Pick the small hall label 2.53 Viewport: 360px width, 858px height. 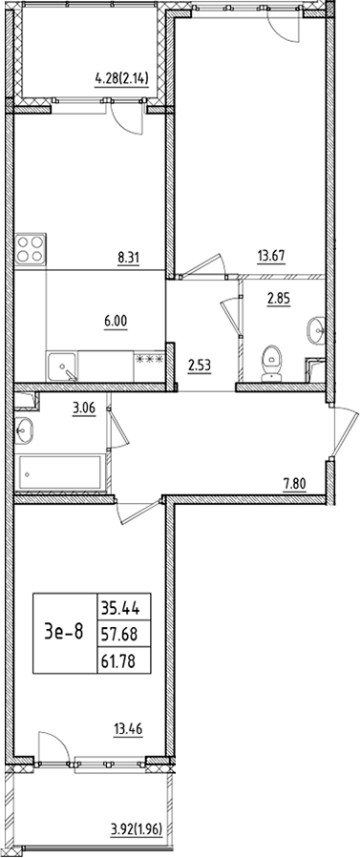coord(198,363)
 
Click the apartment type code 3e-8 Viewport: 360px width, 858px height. coord(65,631)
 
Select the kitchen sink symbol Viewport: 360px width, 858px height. coord(62,366)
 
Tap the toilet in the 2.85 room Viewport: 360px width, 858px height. coord(272,362)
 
